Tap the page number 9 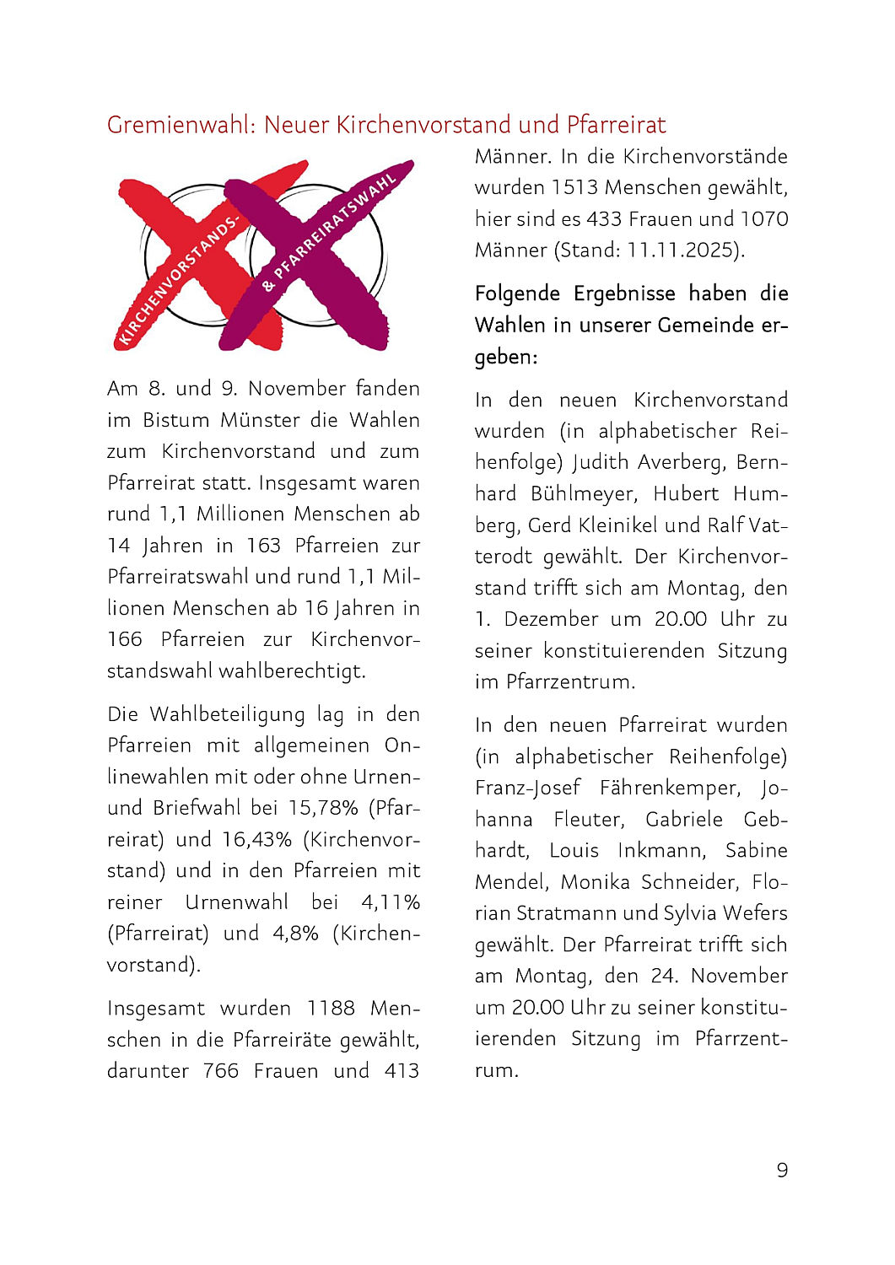click(782, 1170)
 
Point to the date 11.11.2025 click(685, 250)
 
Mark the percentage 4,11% click(390, 902)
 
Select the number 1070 click(764, 219)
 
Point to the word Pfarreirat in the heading click(616, 125)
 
